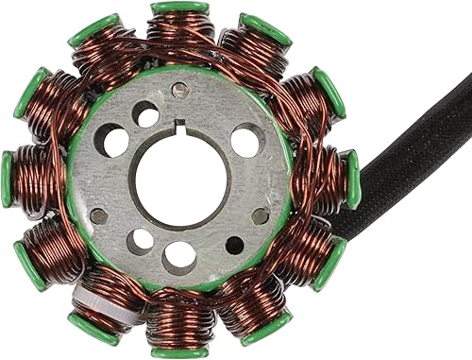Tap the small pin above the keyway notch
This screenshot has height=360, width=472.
[x=179, y=91]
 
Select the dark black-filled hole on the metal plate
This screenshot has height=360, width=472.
[x=235, y=247]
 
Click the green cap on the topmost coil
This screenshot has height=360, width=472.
[x=180, y=8]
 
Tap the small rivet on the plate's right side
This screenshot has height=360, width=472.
[x=260, y=215]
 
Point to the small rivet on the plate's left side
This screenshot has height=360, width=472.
[x=98, y=215]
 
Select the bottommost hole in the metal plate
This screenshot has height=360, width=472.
[x=179, y=256]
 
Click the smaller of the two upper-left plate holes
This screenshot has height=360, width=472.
[x=146, y=113]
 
